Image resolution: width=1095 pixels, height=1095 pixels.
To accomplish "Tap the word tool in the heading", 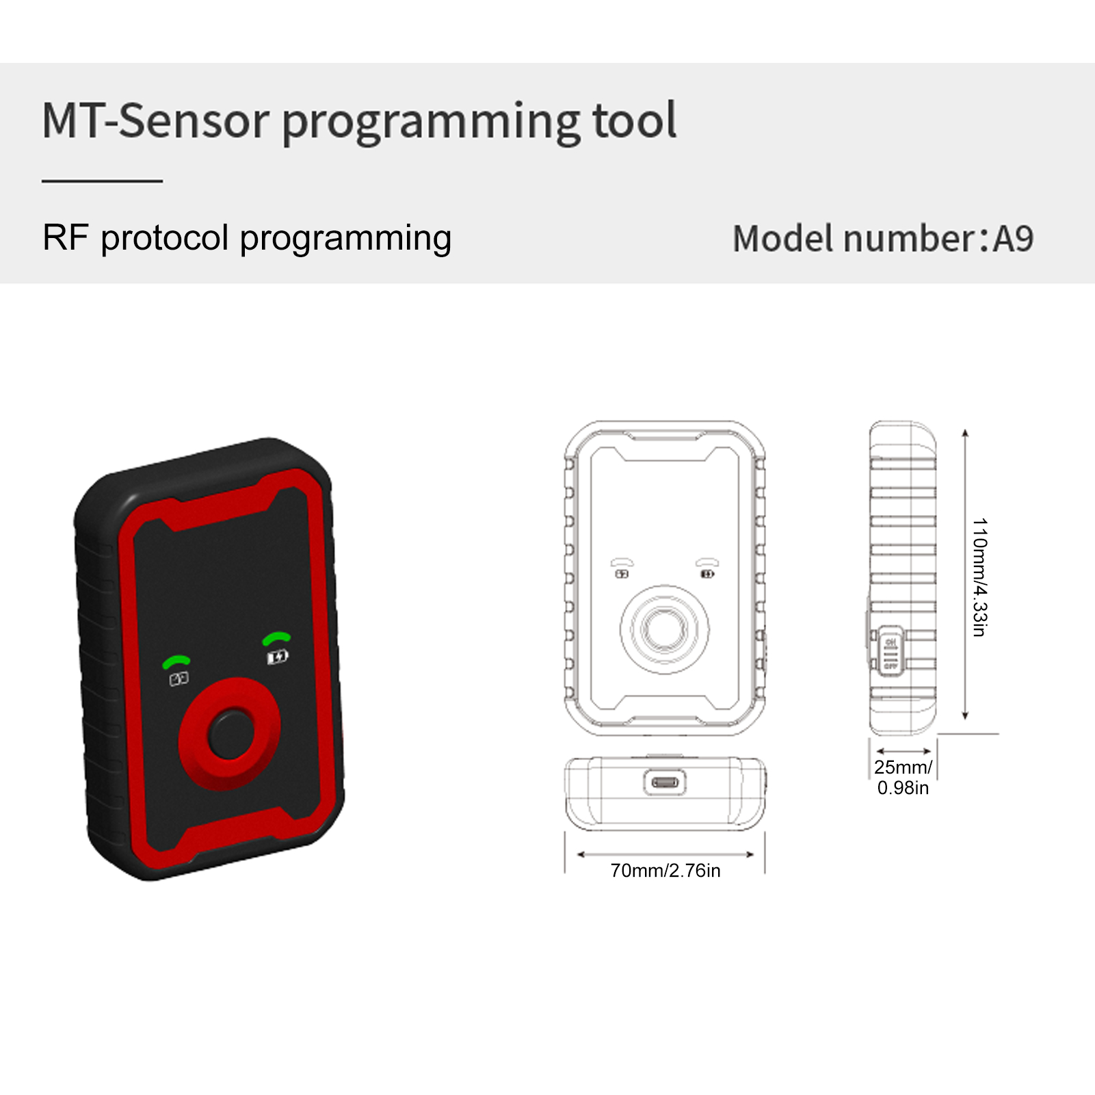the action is click(634, 121).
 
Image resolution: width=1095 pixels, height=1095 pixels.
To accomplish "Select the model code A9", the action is click(1013, 239).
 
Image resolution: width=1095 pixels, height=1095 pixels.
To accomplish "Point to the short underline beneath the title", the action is click(102, 181).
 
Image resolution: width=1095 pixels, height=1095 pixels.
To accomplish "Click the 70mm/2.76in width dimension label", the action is click(665, 871).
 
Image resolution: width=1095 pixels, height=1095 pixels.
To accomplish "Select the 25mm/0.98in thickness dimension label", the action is click(903, 778).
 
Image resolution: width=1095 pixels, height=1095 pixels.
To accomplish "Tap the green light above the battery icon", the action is click(276, 638).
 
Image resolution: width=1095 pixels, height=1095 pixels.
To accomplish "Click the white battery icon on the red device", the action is click(277, 657).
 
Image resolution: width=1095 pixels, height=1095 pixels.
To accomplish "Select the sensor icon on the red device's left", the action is click(179, 678).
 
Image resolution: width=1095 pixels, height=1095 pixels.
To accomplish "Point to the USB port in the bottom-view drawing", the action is click(665, 782).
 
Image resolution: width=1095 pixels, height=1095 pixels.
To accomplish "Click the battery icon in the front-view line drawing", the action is click(708, 574).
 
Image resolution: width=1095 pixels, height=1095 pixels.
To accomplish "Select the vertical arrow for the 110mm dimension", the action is click(965, 575).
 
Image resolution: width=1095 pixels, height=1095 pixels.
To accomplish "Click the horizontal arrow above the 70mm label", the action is click(665, 854).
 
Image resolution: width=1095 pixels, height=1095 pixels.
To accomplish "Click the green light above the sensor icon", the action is click(176, 661).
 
